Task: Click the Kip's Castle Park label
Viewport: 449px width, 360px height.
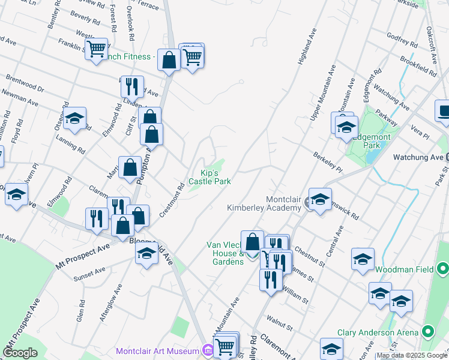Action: tap(209, 177)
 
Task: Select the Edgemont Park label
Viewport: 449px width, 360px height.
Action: tap(375, 141)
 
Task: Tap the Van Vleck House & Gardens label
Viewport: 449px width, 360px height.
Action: tap(225, 253)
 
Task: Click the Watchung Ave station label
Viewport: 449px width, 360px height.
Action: tap(418, 157)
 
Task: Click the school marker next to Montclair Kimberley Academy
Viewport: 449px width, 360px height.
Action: tap(320, 199)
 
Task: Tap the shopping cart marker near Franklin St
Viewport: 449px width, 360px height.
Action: tap(96, 49)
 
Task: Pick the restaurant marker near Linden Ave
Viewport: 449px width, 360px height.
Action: tap(132, 86)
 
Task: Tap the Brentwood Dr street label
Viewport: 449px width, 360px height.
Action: tap(25, 83)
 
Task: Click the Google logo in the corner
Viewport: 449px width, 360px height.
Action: tap(20, 353)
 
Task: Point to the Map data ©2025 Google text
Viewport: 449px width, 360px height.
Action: tap(412, 356)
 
